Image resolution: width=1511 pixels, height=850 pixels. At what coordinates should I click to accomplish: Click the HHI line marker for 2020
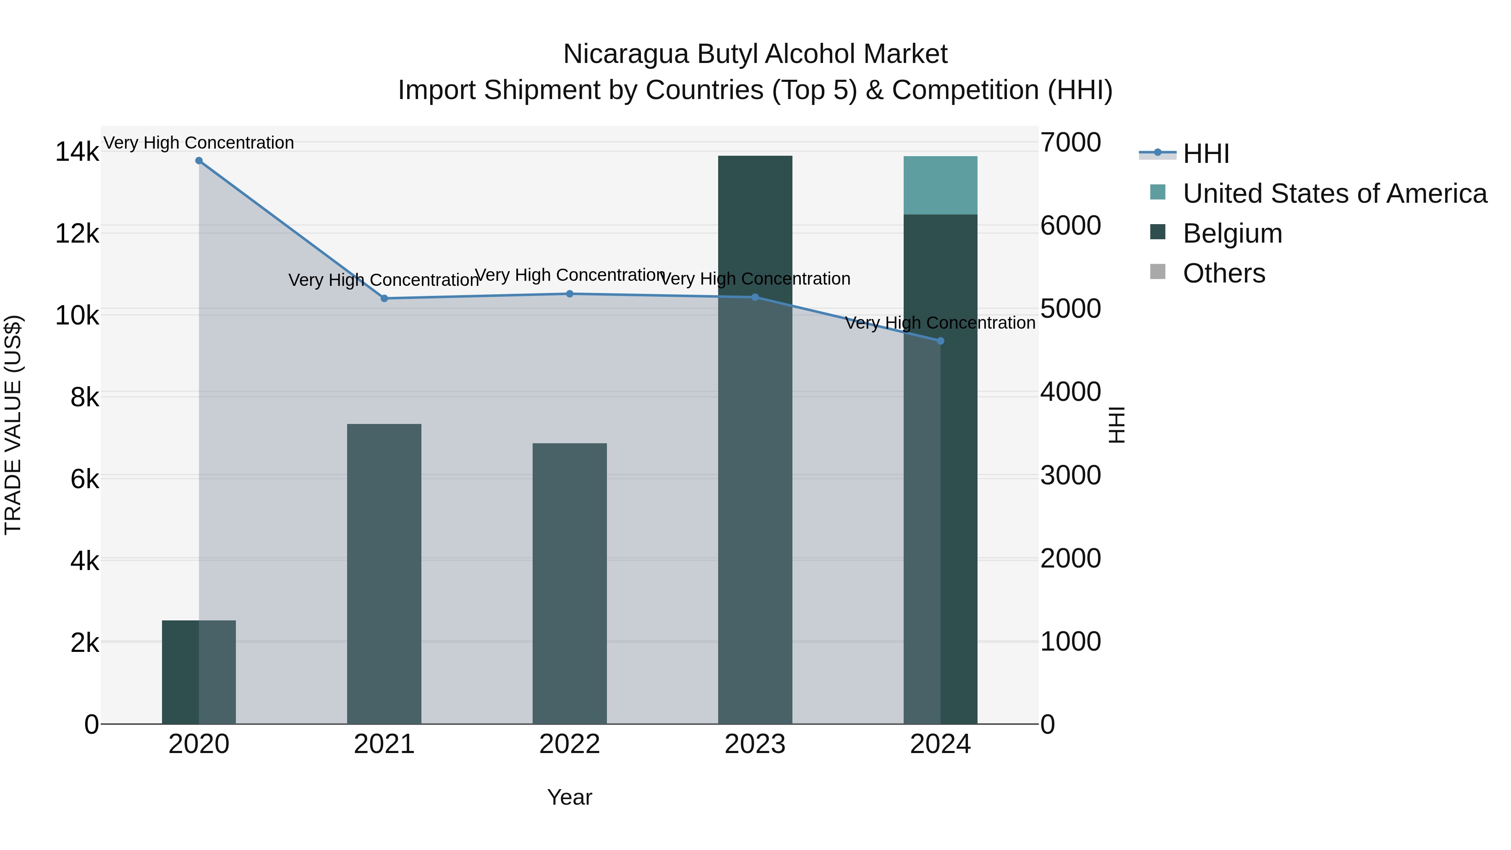click(x=199, y=161)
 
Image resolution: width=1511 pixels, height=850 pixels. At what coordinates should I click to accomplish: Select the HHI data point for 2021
click(x=384, y=298)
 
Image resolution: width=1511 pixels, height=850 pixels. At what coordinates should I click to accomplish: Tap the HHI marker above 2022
click(x=570, y=294)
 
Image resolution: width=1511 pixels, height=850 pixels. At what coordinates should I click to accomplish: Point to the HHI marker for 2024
click(x=940, y=341)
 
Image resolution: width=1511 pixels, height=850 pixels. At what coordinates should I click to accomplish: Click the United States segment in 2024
click(x=940, y=186)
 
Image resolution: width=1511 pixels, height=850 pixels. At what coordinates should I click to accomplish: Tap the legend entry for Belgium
click(x=1232, y=233)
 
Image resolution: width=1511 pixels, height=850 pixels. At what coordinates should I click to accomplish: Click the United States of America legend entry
click(x=1334, y=194)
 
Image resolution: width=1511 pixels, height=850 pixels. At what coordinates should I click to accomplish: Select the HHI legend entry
click(x=1205, y=154)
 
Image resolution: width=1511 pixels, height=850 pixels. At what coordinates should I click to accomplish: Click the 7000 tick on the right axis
click(x=1070, y=143)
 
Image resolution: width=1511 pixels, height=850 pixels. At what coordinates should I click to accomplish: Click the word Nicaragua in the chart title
click(x=625, y=55)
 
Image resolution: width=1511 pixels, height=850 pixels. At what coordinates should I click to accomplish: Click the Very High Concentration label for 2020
click(x=199, y=143)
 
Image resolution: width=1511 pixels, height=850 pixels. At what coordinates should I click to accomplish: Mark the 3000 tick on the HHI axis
click(x=1070, y=475)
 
